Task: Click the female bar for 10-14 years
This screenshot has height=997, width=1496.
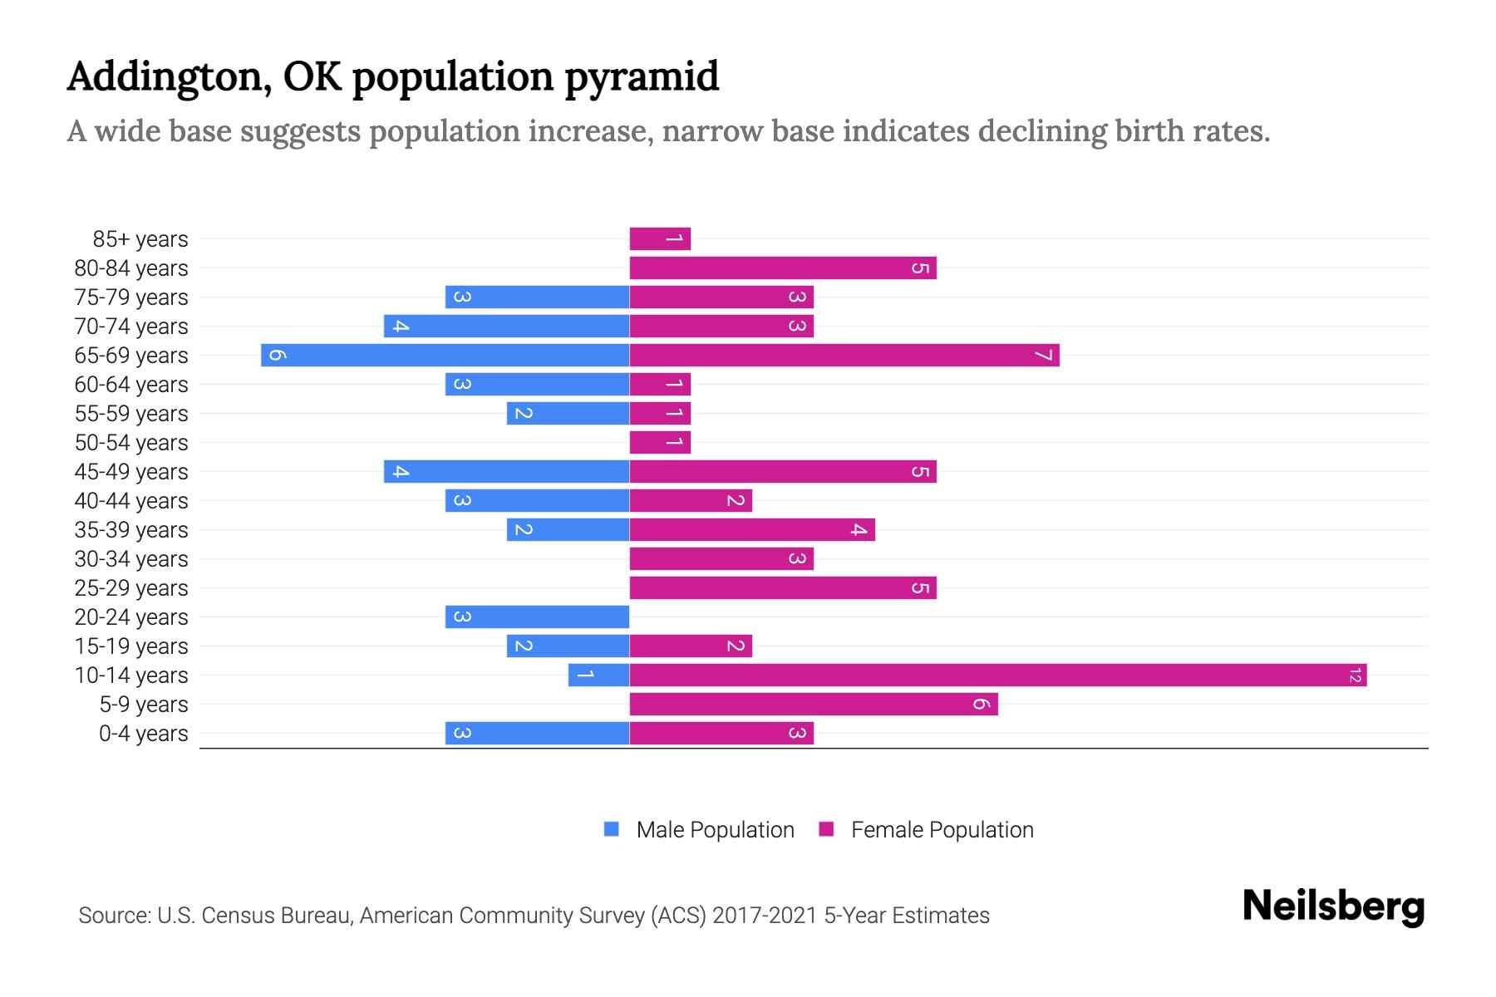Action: (x=997, y=675)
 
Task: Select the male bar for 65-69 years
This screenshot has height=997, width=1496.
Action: (x=445, y=356)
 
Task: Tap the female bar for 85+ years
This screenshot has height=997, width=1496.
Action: (x=660, y=239)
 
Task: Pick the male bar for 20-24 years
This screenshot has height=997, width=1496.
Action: (x=537, y=617)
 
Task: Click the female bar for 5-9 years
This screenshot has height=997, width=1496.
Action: (x=813, y=705)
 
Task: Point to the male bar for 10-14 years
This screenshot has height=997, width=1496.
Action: (x=598, y=675)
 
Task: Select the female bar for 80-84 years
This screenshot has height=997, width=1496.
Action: (x=782, y=268)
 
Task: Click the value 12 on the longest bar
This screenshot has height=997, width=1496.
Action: (x=1355, y=675)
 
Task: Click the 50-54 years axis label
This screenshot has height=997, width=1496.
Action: (x=131, y=443)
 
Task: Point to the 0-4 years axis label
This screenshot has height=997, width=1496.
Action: (x=143, y=734)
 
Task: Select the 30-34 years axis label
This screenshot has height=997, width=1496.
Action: (x=131, y=559)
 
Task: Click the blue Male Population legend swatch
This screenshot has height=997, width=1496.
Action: (x=612, y=829)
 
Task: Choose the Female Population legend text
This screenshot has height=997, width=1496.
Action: (x=942, y=830)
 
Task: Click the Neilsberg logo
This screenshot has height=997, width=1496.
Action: (x=1333, y=906)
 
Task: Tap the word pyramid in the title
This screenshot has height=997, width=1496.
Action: (x=642, y=77)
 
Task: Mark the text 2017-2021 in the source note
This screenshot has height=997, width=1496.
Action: (x=765, y=916)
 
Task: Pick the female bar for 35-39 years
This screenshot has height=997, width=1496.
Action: (x=751, y=530)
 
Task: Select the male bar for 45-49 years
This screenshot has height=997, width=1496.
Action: (x=506, y=472)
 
